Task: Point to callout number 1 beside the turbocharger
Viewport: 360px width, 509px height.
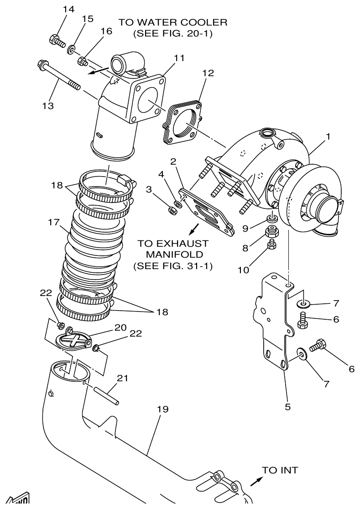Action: (x=328, y=136)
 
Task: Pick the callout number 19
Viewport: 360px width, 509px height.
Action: (x=162, y=409)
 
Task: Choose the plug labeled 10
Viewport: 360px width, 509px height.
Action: (x=272, y=246)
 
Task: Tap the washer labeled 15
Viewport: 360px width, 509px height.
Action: (x=72, y=49)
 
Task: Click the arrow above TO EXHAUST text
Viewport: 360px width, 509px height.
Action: (x=195, y=227)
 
